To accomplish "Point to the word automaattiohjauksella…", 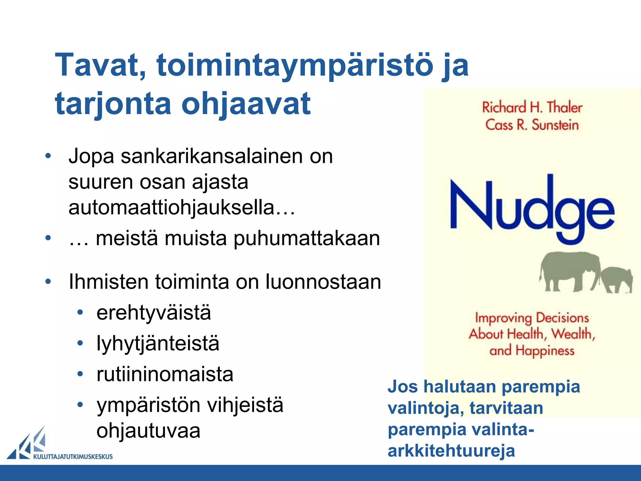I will point(182,208).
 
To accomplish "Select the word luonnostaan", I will point(323,282).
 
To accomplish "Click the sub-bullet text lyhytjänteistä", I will point(158,343).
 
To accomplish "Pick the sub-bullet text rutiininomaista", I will point(165,374).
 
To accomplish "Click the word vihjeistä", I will point(245,405).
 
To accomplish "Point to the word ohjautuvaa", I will point(148,431).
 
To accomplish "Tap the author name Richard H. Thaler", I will point(532,108).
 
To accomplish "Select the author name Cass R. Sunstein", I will point(532,125).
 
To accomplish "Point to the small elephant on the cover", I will point(616,279).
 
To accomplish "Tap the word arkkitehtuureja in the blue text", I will point(451,451).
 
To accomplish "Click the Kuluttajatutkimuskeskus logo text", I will point(73,457).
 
